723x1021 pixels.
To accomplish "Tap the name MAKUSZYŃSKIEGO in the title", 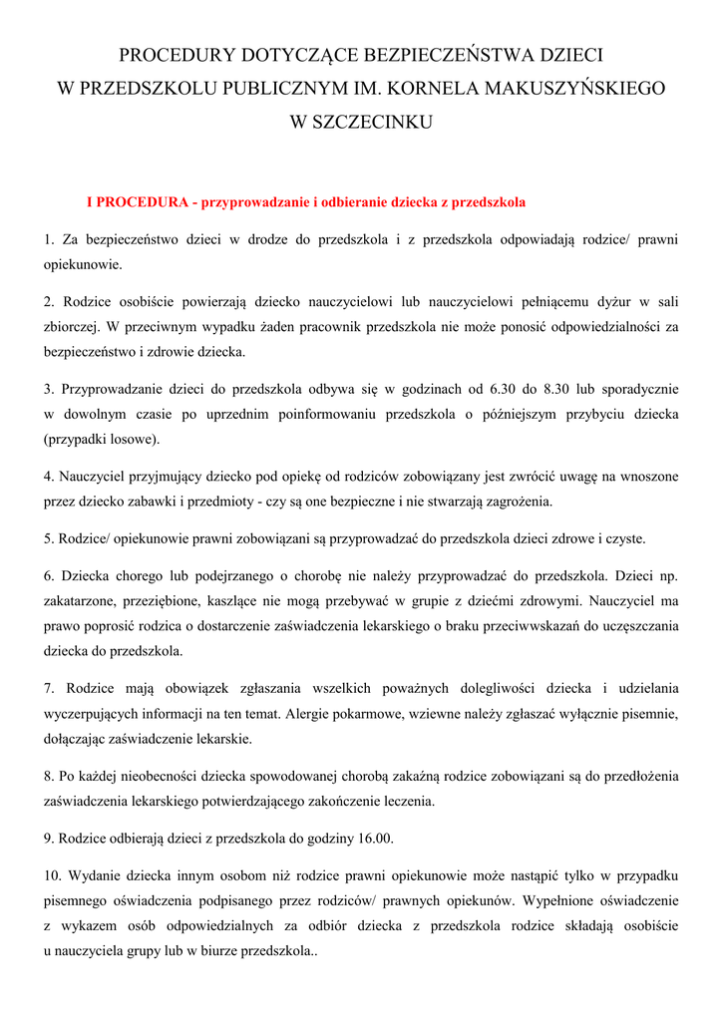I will [x=573, y=88].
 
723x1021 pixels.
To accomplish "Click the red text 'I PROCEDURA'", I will [x=139, y=202].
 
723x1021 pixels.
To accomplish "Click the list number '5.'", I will [x=48, y=539].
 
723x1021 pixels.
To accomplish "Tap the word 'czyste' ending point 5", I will [x=622, y=539].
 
